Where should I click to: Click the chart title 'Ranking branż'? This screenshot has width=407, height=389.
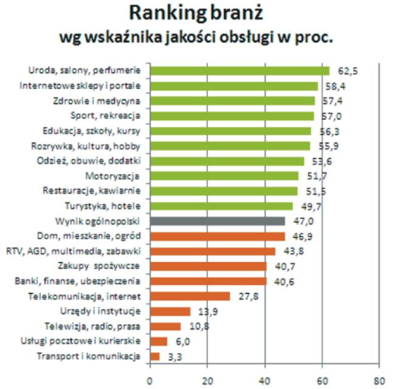tap(203, 14)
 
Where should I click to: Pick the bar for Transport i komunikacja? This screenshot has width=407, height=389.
tap(155, 356)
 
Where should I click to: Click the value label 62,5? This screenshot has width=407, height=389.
tap(347, 71)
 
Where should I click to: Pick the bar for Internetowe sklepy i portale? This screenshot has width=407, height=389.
tap(234, 86)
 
